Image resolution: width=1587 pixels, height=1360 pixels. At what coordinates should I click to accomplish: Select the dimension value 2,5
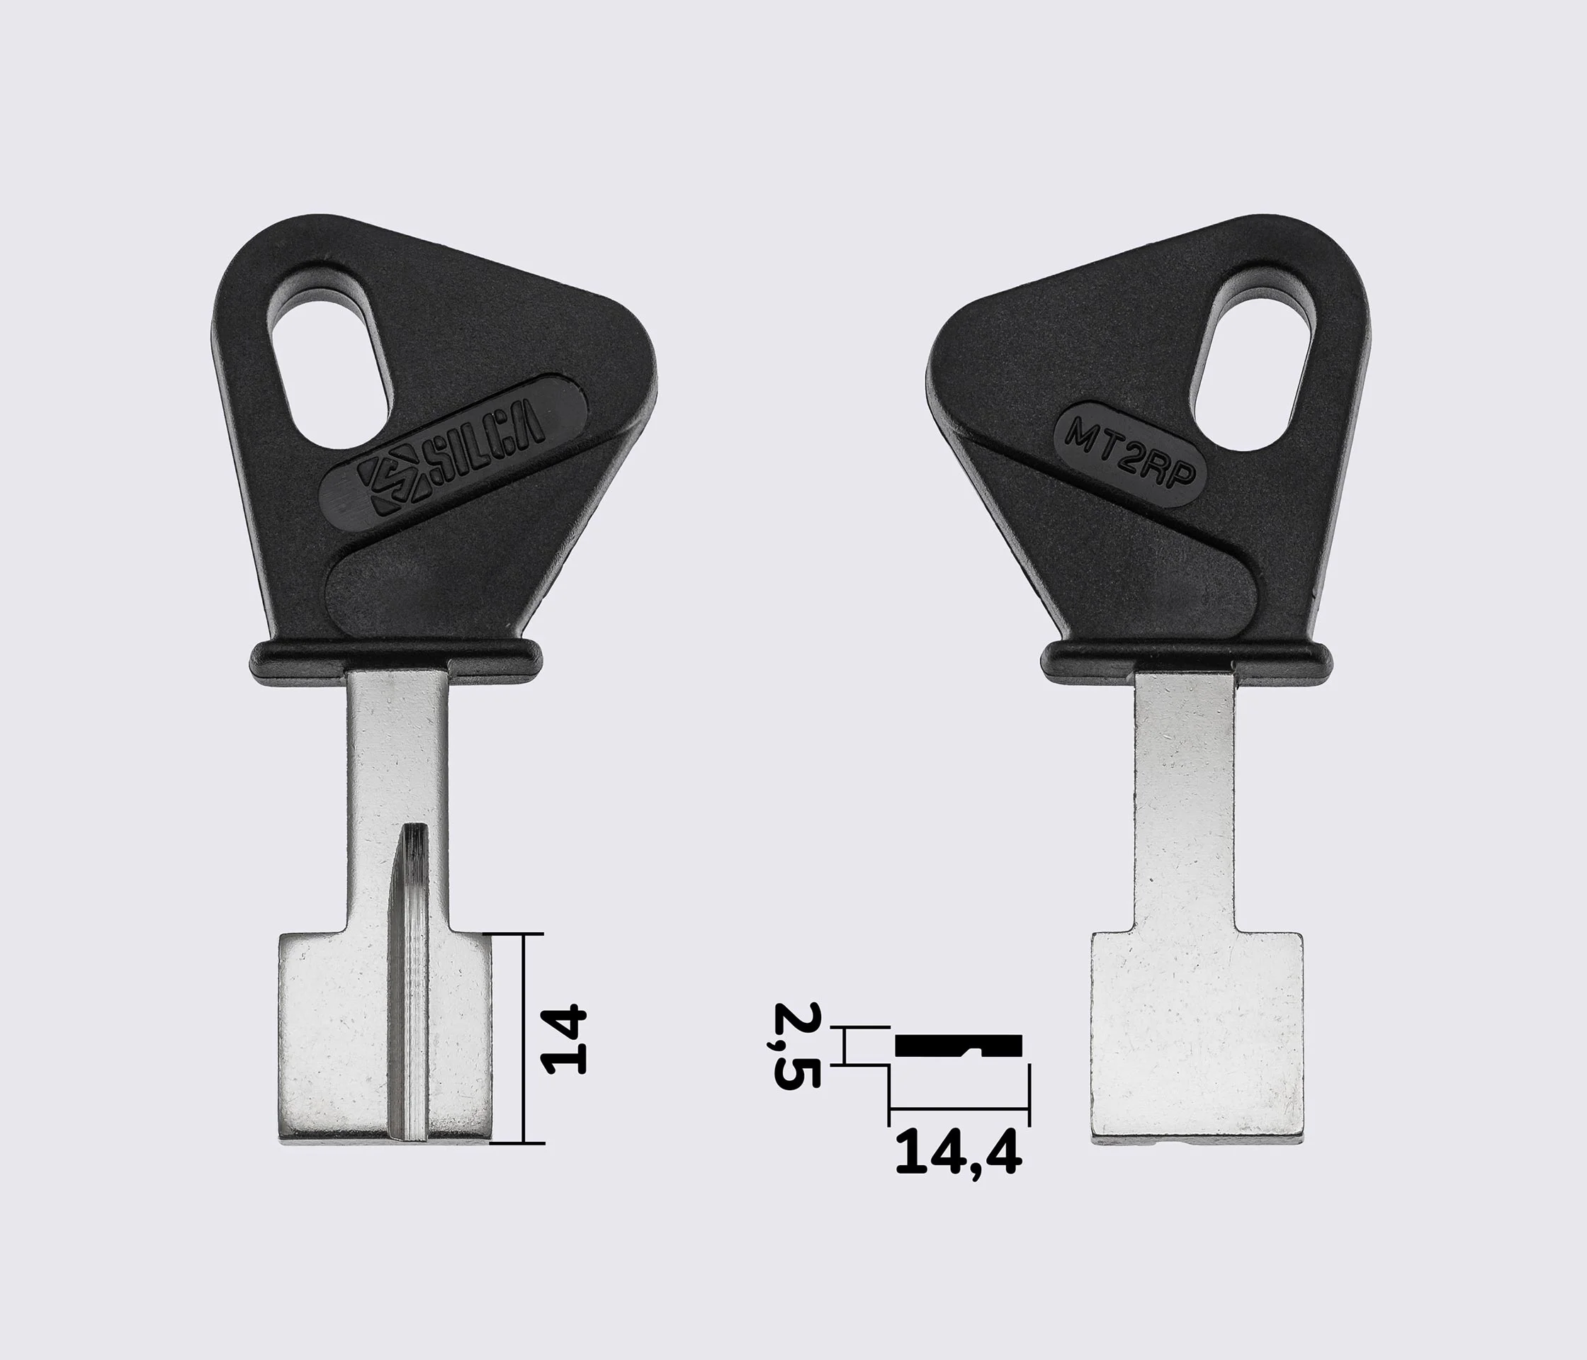pos(796,1045)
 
